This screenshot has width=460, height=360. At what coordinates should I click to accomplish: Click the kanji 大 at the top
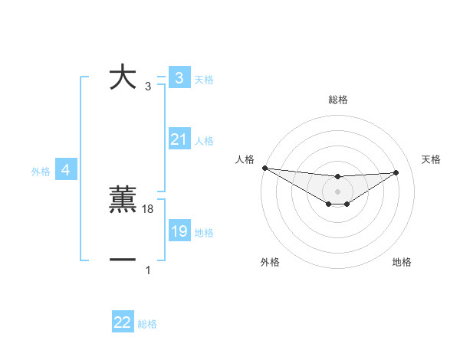coord(123,77)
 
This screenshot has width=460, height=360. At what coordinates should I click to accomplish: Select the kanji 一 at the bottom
coord(123,261)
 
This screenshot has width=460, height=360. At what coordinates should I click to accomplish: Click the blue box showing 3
coord(179,77)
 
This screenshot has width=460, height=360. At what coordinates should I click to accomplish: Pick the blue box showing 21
coord(179,139)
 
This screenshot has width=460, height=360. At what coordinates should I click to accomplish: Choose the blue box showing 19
coord(179,231)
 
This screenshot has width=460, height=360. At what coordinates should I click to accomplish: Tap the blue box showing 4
coord(66,170)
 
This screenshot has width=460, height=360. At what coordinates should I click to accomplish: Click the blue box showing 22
coord(123,322)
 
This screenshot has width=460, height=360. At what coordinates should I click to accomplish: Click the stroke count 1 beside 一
coord(148,270)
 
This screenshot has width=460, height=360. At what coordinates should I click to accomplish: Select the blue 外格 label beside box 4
coord(41,172)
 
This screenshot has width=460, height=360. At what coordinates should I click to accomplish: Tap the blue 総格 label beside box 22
coord(147,324)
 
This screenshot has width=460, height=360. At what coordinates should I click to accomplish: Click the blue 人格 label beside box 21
coord(204,141)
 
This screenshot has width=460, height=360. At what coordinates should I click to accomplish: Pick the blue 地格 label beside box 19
coord(204,233)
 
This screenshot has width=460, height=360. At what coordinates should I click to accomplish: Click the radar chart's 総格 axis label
coord(337,100)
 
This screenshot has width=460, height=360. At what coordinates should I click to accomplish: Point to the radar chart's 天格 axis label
coord(431,159)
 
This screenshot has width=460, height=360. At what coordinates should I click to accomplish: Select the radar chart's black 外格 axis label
coord(270,262)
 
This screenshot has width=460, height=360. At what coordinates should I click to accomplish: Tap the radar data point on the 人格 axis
coord(264,168)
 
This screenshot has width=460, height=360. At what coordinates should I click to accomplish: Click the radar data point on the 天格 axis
coord(396,172)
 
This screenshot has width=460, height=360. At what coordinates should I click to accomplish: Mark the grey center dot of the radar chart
coord(337,191)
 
